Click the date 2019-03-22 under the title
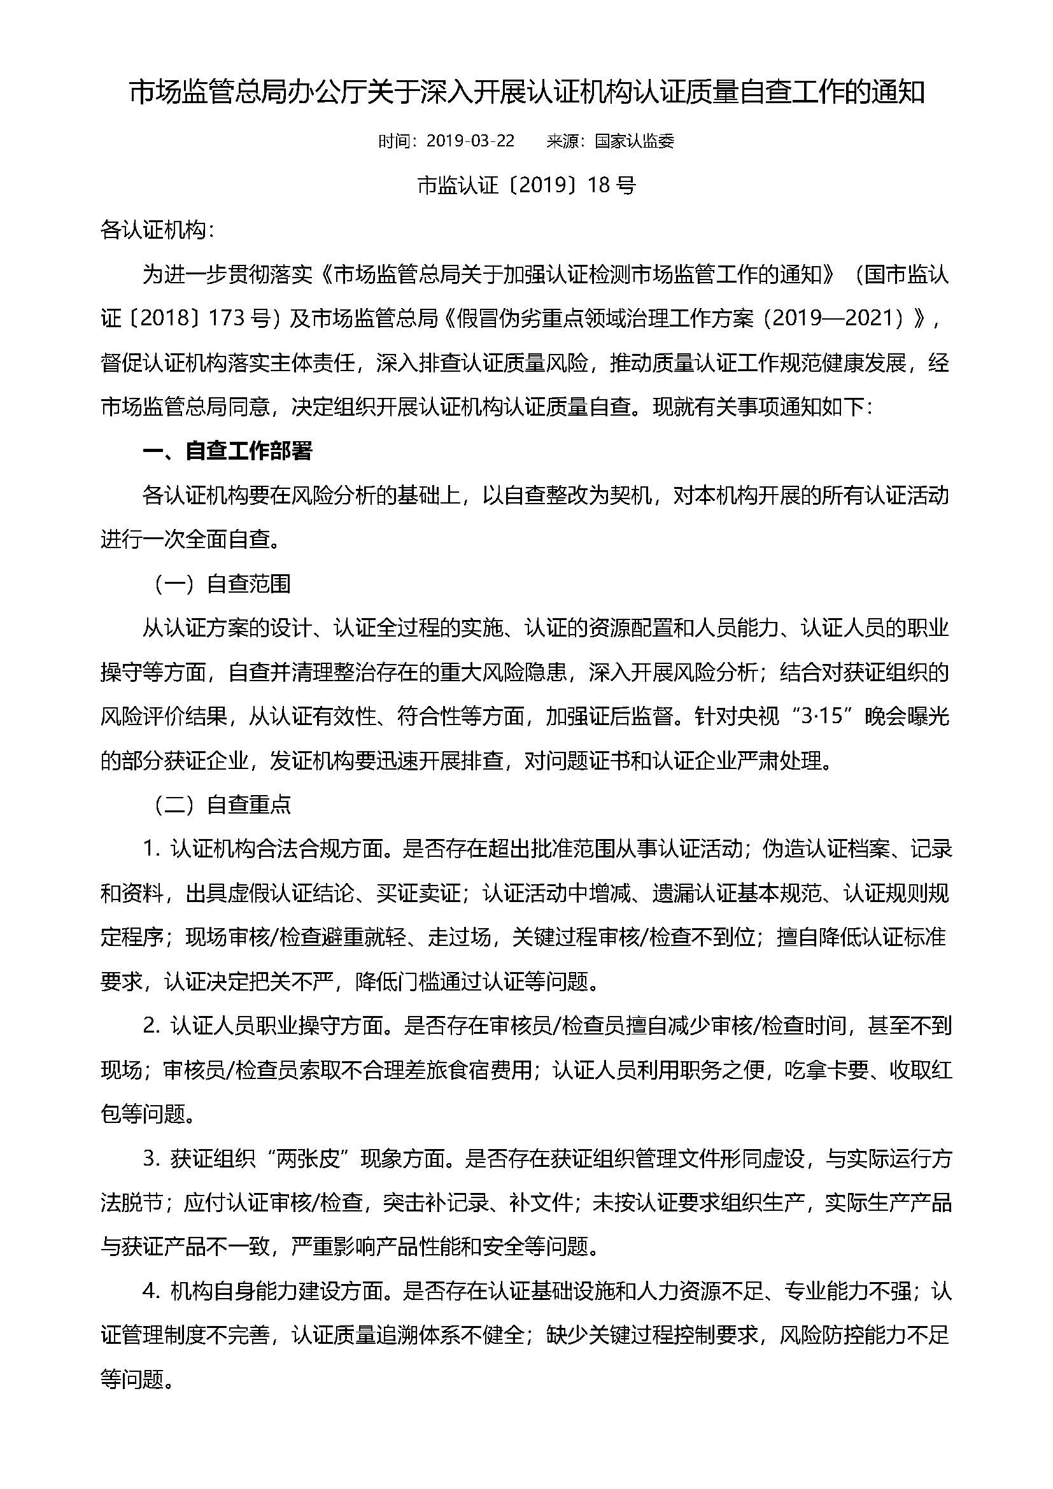tap(470, 141)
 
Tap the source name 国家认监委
tap(635, 141)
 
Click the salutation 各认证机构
tap(153, 230)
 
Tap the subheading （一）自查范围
tap(221, 584)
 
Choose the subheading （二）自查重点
tap(221, 805)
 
